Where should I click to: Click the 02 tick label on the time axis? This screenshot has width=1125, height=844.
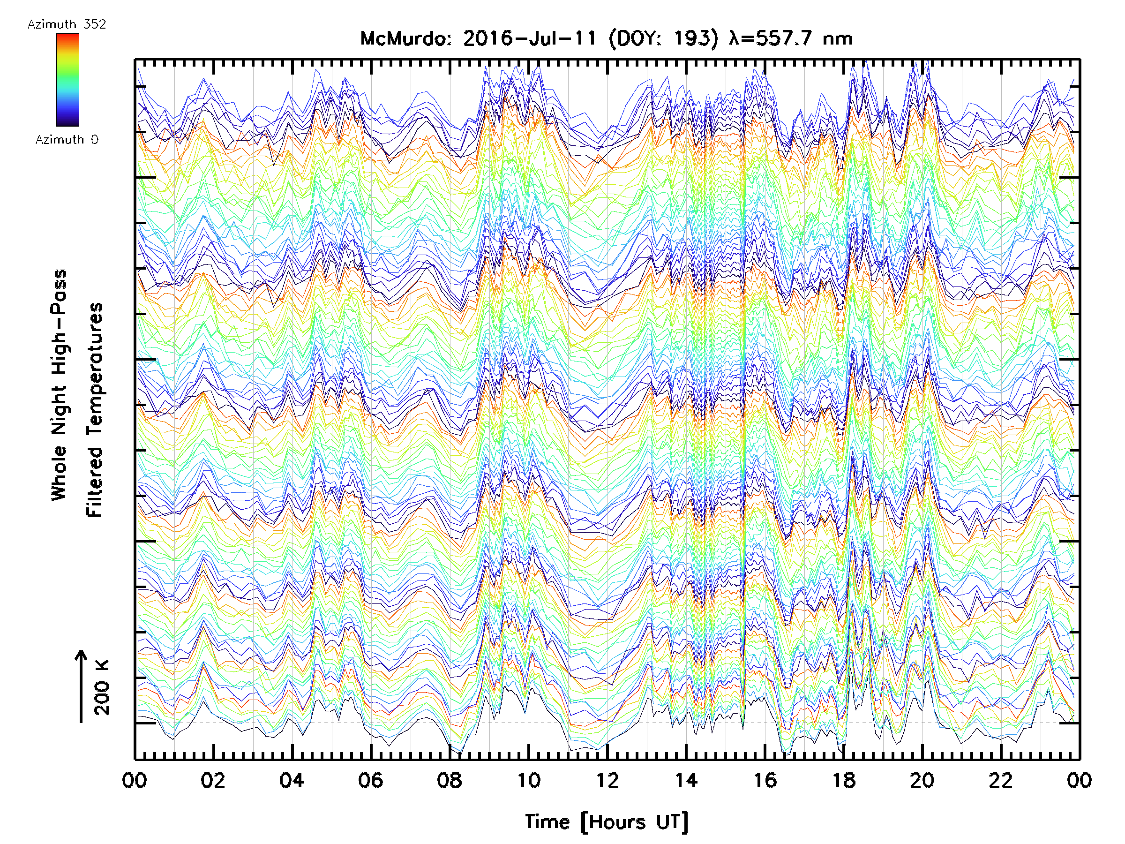[x=213, y=780]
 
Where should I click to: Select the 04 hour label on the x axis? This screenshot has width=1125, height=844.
[x=292, y=780]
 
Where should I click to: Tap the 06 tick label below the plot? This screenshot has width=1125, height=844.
[x=370, y=780]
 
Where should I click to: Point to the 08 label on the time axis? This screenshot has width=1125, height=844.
[x=449, y=780]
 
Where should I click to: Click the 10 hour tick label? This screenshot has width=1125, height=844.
[x=528, y=780]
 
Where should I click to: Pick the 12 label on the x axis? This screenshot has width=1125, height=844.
[x=607, y=780]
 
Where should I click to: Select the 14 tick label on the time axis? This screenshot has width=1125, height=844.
[x=686, y=780]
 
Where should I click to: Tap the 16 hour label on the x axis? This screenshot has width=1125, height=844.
[x=765, y=780]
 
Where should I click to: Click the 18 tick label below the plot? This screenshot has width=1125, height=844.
[x=844, y=780]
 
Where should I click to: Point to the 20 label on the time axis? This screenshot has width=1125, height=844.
[x=922, y=780]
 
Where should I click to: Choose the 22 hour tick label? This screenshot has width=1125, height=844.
[x=1001, y=780]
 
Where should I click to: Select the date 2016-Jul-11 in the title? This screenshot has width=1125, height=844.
[x=529, y=38]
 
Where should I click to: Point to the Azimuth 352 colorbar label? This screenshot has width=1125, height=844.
[x=67, y=24]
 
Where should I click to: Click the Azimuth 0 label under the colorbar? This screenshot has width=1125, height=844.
[x=67, y=139]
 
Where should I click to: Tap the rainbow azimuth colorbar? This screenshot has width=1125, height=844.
[x=67, y=80]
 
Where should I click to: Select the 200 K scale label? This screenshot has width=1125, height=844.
[x=102, y=687]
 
